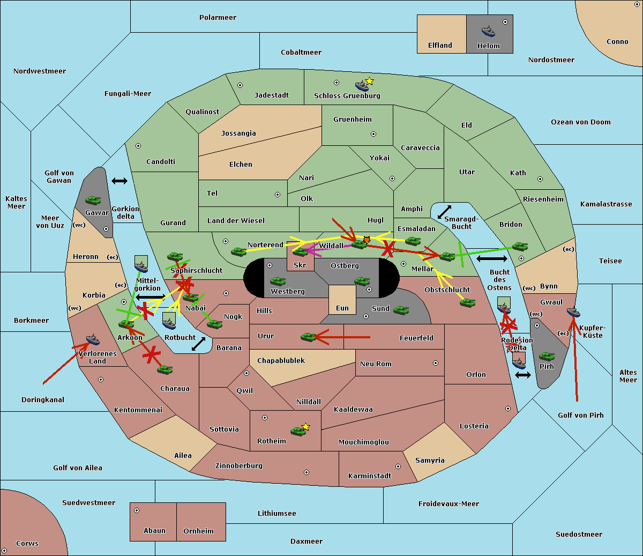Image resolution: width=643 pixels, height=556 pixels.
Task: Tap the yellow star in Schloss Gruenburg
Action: (x=369, y=81)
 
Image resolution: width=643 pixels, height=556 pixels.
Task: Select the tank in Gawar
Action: (x=93, y=201)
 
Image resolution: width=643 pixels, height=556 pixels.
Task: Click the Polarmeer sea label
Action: (x=218, y=18)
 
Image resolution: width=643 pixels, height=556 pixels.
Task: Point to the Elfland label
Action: (x=440, y=46)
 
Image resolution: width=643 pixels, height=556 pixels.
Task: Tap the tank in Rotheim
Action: (x=298, y=432)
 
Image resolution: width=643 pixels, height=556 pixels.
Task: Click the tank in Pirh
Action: (x=547, y=356)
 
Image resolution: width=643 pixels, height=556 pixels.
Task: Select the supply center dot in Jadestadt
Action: (x=240, y=85)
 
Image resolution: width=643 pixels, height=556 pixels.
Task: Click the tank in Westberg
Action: (x=278, y=281)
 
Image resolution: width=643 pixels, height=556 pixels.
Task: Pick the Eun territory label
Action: (x=342, y=308)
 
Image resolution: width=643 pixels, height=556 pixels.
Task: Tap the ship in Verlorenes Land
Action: (x=93, y=339)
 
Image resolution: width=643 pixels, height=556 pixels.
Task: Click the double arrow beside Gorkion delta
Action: (x=119, y=181)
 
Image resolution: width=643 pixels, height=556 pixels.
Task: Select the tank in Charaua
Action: (x=165, y=370)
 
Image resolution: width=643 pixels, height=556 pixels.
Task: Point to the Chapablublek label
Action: (x=281, y=360)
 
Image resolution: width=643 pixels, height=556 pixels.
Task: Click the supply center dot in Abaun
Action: (x=137, y=510)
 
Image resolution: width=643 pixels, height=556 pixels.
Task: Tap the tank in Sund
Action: (x=401, y=310)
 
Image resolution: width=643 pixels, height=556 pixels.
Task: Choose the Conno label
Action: (x=617, y=42)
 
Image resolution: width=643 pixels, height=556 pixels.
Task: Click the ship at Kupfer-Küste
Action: (x=573, y=312)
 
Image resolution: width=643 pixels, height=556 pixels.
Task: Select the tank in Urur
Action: (x=308, y=337)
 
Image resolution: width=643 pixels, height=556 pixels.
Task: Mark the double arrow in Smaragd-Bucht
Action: (x=444, y=212)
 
